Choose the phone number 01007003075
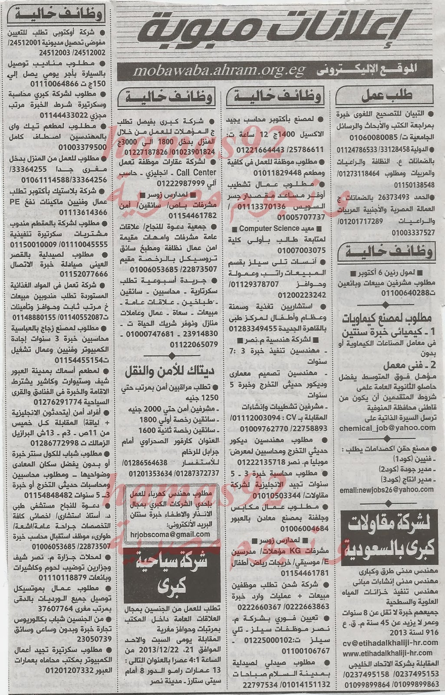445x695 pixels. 295,250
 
